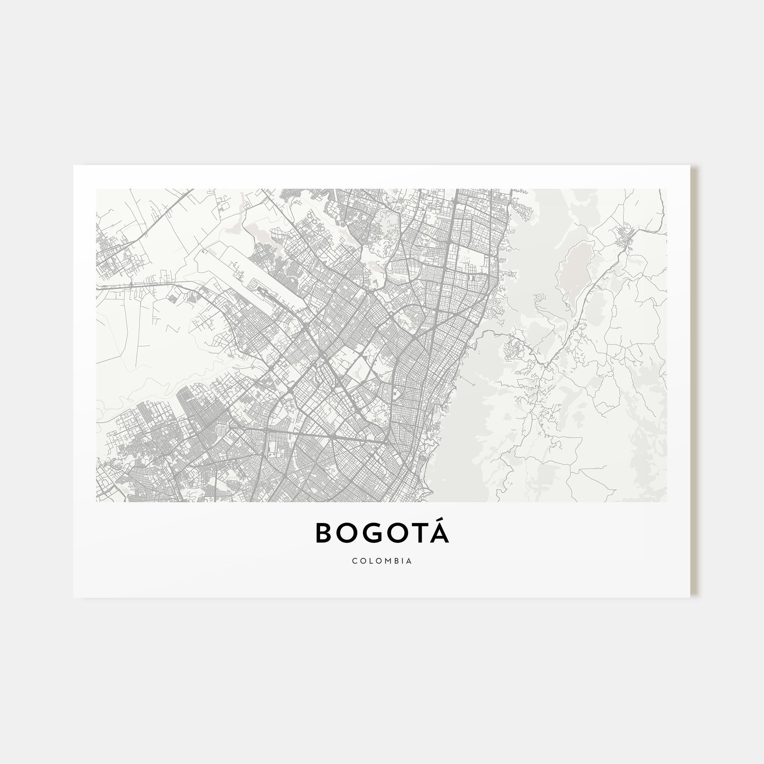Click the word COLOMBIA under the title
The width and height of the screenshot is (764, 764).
[x=382, y=561]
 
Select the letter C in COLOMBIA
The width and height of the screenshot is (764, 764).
[x=354, y=561]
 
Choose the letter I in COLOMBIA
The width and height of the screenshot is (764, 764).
[x=403, y=561]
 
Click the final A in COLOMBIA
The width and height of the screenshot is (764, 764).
[x=409, y=561]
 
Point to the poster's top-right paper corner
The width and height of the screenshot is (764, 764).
[x=690, y=166]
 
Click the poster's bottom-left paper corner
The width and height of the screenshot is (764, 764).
[x=74, y=597]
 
